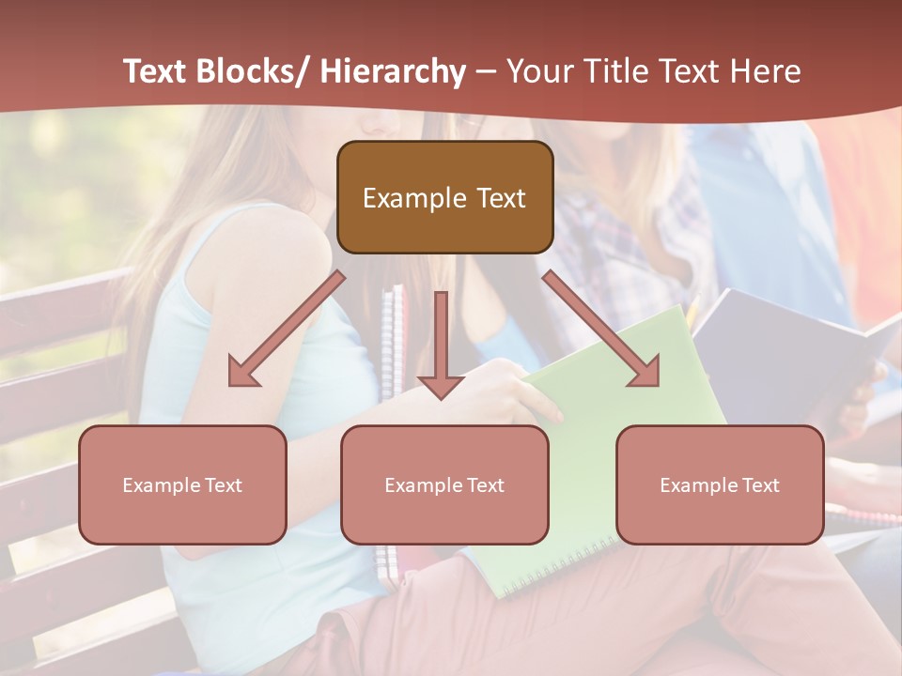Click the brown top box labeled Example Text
click(x=444, y=197)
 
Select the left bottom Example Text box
click(x=182, y=484)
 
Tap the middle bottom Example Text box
click(x=444, y=484)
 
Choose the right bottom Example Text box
click(x=720, y=484)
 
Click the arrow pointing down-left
click(x=287, y=329)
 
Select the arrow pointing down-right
click(x=601, y=329)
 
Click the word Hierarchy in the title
click(x=393, y=72)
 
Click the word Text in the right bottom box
click(x=760, y=485)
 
